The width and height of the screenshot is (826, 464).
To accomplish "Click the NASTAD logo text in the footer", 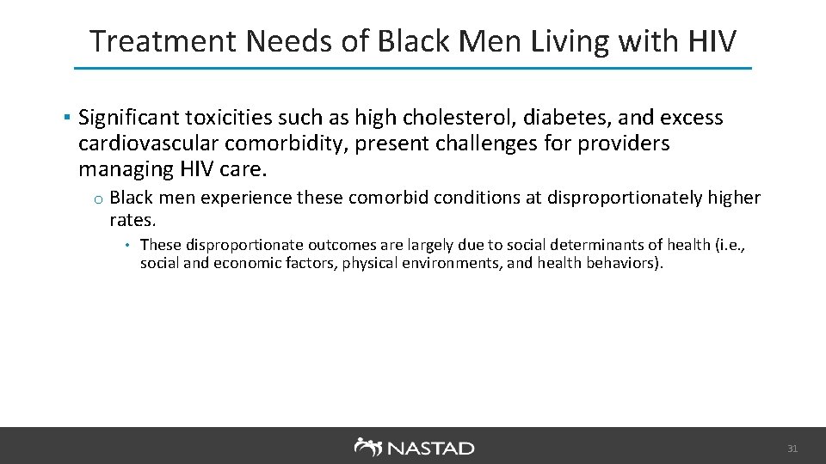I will pos(429,448).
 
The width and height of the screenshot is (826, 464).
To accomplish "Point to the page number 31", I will pos(793,449).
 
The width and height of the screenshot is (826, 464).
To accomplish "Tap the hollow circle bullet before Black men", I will pos(100,200).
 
